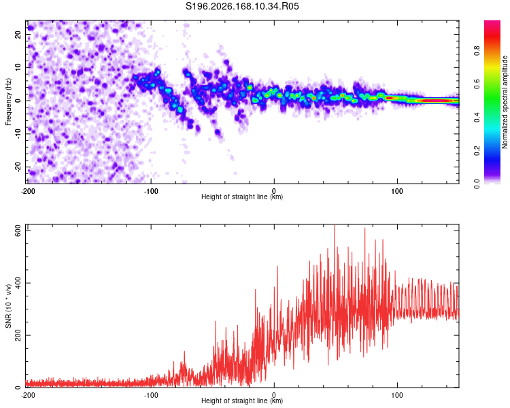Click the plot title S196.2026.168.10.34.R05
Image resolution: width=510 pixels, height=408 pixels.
(x=242, y=6)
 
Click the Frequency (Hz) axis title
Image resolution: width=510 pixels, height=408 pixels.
(x=8, y=102)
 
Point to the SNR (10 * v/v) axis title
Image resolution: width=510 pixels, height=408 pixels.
(x=8, y=306)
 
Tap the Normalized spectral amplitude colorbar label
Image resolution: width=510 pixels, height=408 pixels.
(x=505, y=102)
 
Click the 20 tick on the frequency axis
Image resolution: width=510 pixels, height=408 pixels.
(x=18, y=34)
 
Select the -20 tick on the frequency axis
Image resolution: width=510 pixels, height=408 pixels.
(x=18, y=167)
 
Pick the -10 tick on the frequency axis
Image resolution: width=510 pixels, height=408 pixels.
(x=18, y=134)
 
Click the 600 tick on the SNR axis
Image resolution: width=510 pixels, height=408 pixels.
(x=18, y=231)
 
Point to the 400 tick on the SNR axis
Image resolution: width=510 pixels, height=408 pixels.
(x=18, y=283)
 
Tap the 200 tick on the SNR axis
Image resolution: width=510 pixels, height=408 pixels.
(x=18, y=335)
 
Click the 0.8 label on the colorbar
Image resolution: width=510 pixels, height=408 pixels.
(x=477, y=51)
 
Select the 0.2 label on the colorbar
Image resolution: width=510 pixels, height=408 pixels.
(x=477, y=151)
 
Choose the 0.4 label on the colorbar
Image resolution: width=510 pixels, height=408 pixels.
(x=477, y=118)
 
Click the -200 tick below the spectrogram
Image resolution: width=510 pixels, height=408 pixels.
(x=28, y=191)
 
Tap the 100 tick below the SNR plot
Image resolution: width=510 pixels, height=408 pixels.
(x=397, y=395)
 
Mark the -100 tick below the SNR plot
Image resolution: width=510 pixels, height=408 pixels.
(x=151, y=395)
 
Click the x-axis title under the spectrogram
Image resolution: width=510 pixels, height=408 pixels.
(x=242, y=197)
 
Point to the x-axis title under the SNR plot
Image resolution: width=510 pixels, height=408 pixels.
(x=242, y=401)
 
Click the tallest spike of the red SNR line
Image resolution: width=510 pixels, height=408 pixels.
(x=335, y=226)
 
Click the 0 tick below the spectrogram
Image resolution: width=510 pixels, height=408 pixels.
(x=274, y=191)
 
